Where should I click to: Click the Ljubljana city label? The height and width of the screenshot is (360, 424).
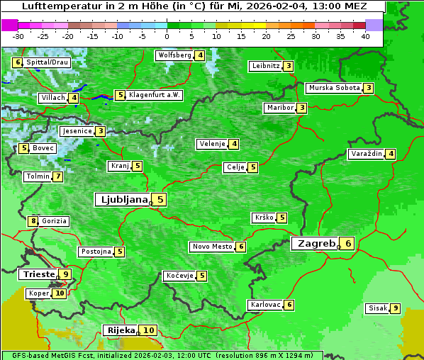(x=122, y=200)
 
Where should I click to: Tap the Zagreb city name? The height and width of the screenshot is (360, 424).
(x=316, y=244)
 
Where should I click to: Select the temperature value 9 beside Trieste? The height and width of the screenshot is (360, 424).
(x=66, y=274)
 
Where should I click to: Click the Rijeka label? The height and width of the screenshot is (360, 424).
(x=120, y=330)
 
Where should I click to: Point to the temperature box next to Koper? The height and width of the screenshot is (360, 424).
(x=60, y=293)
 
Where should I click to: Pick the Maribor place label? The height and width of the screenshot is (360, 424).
(x=279, y=108)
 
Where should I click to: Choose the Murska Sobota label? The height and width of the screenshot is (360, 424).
(x=333, y=88)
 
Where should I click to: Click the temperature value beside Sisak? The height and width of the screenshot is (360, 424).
(x=395, y=308)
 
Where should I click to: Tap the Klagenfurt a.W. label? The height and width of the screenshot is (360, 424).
(x=155, y=95)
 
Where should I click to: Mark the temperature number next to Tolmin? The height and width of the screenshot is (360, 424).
(x=57, y=176)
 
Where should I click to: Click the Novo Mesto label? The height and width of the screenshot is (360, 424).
(x=212, y=247)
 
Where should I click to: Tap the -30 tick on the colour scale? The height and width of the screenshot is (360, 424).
(x=18, y=35)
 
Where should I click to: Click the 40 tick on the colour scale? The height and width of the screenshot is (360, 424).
(x=365, y=35)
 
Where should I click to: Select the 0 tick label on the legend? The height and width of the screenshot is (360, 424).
(x=167, y=35)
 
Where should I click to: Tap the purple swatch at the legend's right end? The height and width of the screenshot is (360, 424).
(x=374, y=24)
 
